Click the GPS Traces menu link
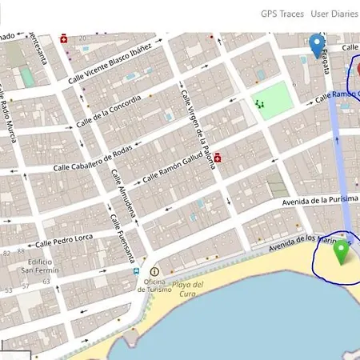[x=282, y=14]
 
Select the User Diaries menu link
[x=335, y=14]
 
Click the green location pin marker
[x=342, y=251]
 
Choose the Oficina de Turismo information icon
[x=154, y=272]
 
